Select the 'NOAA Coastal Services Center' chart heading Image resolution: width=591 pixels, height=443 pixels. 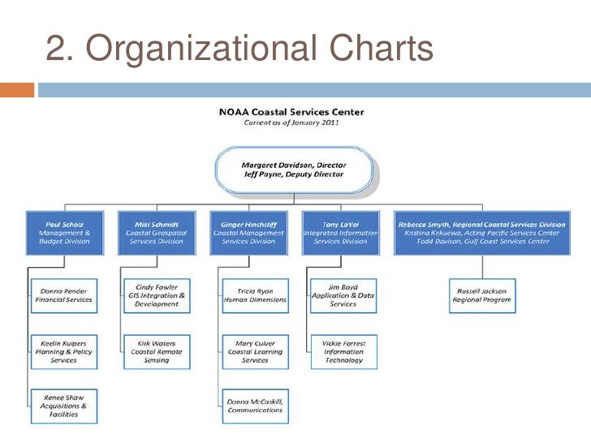coord(291,112)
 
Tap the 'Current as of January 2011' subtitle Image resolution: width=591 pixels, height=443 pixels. coord(291,123)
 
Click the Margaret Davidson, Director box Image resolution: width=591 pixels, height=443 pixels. coord(294,170)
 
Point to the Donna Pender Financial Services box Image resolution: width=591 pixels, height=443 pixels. coord(64,295)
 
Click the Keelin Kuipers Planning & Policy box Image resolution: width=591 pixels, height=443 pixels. coord(64,351)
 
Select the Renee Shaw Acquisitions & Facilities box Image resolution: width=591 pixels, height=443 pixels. coord(64,405)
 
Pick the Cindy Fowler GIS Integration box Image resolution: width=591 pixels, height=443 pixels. coord(157,295)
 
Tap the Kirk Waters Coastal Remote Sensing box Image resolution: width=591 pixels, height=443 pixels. coord(157,351)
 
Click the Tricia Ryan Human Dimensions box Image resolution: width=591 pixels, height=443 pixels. coord(255,295)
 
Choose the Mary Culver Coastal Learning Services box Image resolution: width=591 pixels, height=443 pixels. coord(255,351)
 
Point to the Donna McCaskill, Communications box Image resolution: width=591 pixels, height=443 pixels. coord(255,405)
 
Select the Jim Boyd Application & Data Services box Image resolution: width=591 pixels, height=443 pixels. coord(343,295)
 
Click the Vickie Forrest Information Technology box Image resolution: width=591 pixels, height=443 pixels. coord(343,351)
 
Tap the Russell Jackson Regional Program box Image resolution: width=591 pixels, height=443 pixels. coord(482,295)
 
